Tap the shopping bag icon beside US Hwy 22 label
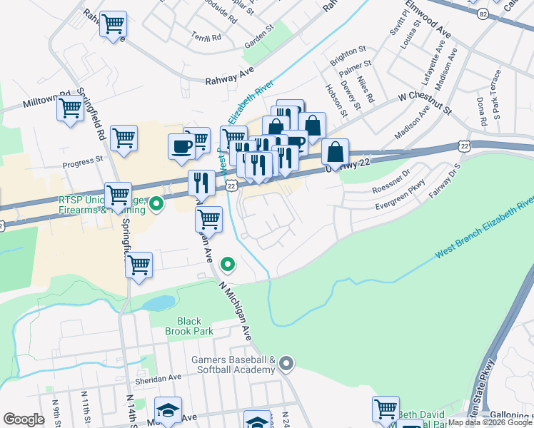click(x=335, y=152)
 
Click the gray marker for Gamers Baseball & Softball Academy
click(x=286, y=365)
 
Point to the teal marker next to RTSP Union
click(x=158, y=207)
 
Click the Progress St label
click(x=83, y=163)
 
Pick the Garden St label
click(x=259, y=34)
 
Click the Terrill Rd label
click(x=206, y=36)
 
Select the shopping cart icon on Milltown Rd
click(x=70, y=108)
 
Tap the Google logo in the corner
click(x=24, y=419)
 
